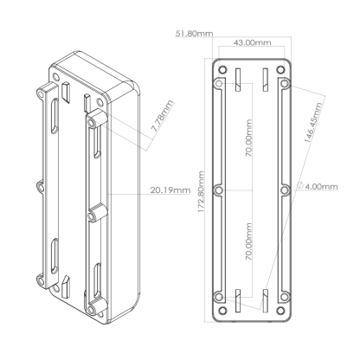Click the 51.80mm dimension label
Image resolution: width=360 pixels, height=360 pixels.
pos(194,34)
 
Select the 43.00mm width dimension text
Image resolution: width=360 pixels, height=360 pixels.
pos(252,42)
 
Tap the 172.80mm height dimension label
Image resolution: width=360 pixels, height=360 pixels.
pos(201,192)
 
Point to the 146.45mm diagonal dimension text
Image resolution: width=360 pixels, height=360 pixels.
pos(313,122)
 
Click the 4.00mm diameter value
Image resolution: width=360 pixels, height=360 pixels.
pos(321,187)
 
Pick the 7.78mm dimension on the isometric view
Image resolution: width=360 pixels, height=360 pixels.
pos(163,116)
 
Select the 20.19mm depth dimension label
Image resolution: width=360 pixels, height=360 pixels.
pos(170,190)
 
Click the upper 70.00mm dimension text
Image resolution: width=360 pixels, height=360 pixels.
pos(248,138)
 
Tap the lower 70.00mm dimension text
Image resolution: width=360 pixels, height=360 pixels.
pos(248,241)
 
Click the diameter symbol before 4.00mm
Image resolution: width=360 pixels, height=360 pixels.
pos(300,186)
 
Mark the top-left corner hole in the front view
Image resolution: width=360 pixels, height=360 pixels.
pos(222,69)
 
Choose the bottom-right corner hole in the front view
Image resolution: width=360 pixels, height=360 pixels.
pos(280,311)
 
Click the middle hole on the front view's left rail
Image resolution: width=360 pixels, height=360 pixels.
pos(219,190)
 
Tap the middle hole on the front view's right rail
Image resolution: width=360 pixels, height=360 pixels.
pos(285,190)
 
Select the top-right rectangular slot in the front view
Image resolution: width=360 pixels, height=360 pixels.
pos(266,80)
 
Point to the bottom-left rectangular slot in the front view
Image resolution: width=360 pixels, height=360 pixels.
pos(238,300)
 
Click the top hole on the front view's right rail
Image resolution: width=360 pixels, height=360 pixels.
pos(285,84)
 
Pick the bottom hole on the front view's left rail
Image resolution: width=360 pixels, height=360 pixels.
pos(219,297)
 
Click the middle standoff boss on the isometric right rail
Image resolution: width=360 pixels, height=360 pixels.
pos(97,214)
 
